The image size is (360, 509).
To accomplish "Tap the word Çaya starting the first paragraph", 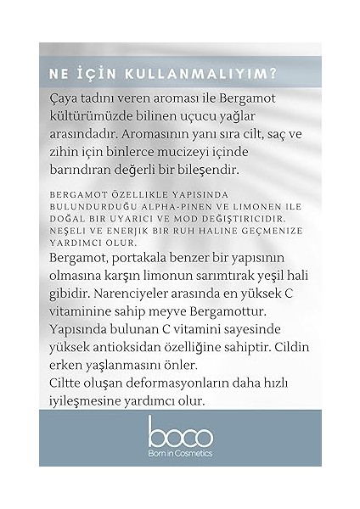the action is click(x=65, y=101).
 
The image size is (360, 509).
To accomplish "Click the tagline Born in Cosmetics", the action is click(x=179, y=453).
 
